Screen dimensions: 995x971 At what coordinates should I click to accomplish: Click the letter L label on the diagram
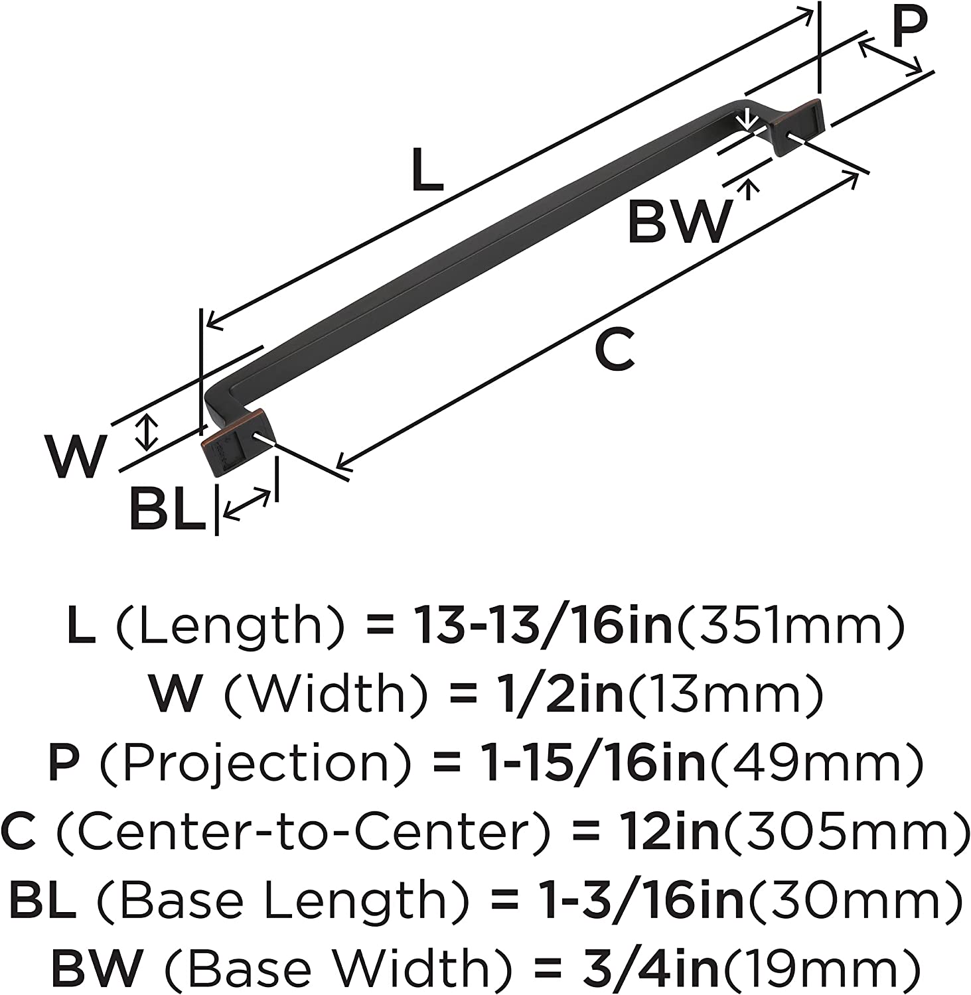(x=426, y=170)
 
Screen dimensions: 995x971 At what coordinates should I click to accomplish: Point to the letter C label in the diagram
(x=615, y=350)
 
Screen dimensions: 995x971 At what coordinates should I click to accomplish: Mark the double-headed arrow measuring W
(x=147, y=431)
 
